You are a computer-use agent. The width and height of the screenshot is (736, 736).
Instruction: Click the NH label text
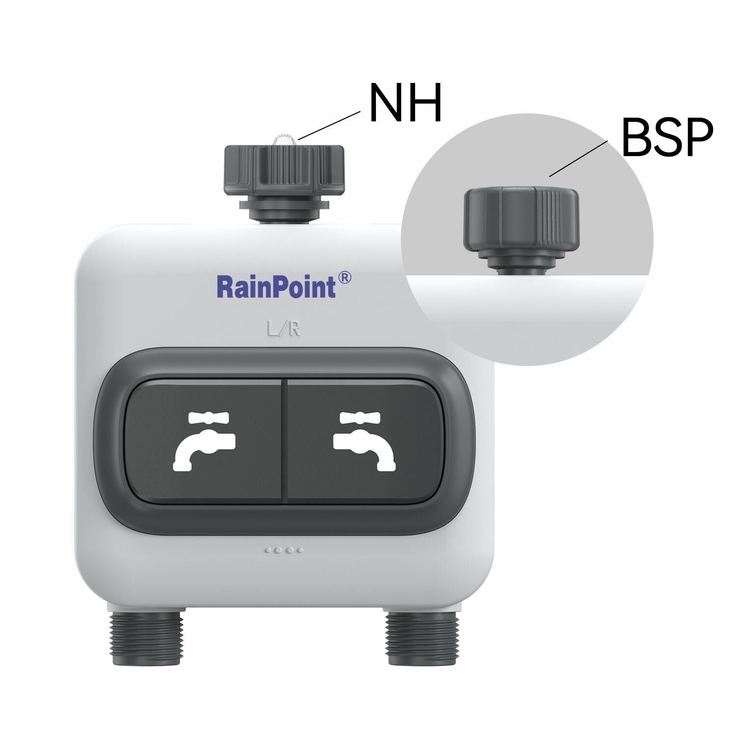pos(405,104)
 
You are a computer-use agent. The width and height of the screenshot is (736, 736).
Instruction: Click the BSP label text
pos(667,138)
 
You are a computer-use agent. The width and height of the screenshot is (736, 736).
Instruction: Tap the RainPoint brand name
pos(276,287)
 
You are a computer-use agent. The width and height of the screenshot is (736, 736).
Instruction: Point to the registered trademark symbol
pos(345,278)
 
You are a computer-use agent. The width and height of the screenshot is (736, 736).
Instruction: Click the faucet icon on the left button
pos(204,441)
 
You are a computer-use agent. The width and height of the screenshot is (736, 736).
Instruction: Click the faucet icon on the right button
pos(364,441)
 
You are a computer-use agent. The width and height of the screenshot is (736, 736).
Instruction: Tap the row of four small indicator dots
pos(284,550)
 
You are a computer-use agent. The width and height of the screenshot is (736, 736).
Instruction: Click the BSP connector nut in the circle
pos(521,216)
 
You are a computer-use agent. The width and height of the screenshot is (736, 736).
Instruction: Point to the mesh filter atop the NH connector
pos(284,140)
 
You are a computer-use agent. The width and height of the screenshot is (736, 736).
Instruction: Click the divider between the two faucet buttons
pos(284,441)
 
